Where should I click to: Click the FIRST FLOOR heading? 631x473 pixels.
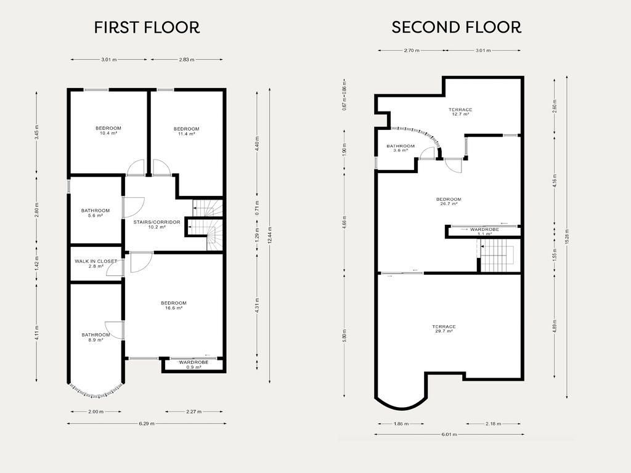coord(147,27)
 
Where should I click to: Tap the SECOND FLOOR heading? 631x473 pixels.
coord(457,27)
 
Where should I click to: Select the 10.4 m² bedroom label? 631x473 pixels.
coord(108,131)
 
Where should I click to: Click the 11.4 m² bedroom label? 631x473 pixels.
coord(186,131)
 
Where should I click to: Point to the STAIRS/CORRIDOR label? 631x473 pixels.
coord(157,224)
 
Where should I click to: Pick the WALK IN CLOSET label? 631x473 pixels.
coord(96,264)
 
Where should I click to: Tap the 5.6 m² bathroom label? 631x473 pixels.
coord(96,212)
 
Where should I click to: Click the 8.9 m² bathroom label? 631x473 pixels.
coord(96,337)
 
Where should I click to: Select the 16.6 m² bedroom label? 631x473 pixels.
coord(174,305)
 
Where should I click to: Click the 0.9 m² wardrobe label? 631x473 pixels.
coord(194,365)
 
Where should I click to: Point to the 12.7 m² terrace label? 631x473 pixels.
coord(460,112)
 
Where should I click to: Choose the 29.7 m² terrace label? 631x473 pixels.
coord(444,329)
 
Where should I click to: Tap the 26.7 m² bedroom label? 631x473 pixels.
coord(449,201)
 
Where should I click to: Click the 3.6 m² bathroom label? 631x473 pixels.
coord(401,148)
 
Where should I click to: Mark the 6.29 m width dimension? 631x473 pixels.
coord(147,423)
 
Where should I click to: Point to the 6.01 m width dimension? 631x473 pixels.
coord(449,434)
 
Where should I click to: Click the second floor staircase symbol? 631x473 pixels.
coord(497,256)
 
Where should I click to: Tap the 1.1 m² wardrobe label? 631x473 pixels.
coord(484,232)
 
